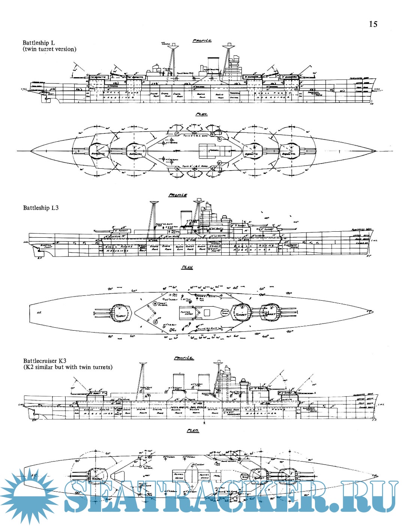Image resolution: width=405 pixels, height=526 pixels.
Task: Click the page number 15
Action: click(x=373, y=24)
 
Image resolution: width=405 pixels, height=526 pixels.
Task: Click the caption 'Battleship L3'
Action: click(x=41, y=208)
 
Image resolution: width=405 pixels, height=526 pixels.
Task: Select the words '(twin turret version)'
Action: click(x=49, y=49)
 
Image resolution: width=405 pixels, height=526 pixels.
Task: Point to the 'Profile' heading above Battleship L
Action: click(x=202, y=40)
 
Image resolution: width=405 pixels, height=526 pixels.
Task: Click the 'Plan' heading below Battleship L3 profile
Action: click(x=187, y=267)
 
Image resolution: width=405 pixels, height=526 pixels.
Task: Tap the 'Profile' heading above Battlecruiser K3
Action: click(x=184, y=358)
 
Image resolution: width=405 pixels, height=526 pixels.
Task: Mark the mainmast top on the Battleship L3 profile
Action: click(x=154, y=203)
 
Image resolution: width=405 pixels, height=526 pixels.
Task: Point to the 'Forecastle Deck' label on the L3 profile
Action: click(x=361, y=230)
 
